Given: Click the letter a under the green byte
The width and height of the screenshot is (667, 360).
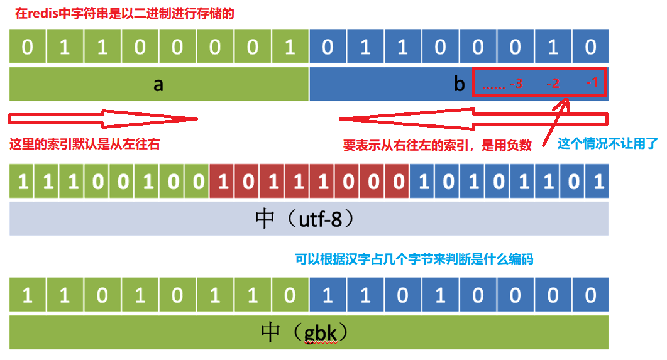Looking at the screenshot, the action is (x=158, y=85).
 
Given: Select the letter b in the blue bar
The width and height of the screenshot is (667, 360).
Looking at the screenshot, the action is (x=460, y=85).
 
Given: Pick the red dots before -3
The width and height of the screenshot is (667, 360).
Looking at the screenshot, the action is (x=493, y=85).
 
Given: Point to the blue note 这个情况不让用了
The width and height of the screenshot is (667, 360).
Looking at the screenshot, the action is (x=607, y=144).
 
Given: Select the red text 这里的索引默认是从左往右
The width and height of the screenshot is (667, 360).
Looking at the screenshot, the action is (x=85, y=145).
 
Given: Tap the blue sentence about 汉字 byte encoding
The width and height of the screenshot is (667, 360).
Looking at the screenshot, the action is (x=414, y=259).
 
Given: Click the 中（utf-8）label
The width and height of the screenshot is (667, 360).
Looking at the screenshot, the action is (x=309, y=219).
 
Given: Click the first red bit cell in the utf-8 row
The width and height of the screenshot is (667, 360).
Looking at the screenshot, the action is (x=222, y=182).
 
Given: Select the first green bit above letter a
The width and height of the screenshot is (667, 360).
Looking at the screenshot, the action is (x=27, y=48).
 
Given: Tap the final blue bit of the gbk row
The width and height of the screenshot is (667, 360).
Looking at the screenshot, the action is (x=590, y=295).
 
